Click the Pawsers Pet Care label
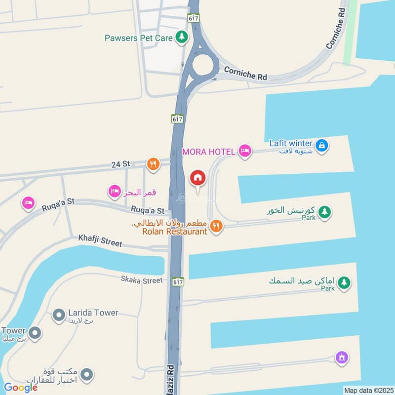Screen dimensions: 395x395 click(138, 38)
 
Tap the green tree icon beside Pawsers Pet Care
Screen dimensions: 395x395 click(182, 37)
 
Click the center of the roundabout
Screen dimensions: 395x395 click(204, 65)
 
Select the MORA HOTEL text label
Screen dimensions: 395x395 click(209, 152)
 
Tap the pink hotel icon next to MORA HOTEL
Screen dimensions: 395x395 click(245, 151)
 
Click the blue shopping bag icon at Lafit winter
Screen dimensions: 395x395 click(322, 146)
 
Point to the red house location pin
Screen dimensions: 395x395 click(197, 178)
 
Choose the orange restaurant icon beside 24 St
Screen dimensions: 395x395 click(154, 164)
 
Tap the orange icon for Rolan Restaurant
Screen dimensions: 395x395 click(216, 227)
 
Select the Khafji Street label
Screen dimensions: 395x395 click(100, 238)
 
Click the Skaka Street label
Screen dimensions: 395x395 click(142, 280)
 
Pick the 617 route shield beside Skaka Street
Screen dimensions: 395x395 click(178, 281)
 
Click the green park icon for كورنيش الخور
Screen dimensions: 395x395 click(324, 212)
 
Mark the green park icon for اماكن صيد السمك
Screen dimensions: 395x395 click(344, 283)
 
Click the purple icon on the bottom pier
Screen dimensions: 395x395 click(342, 357)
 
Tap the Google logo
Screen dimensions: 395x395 click(21, 388)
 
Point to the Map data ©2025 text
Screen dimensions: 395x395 click(368, 390)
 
